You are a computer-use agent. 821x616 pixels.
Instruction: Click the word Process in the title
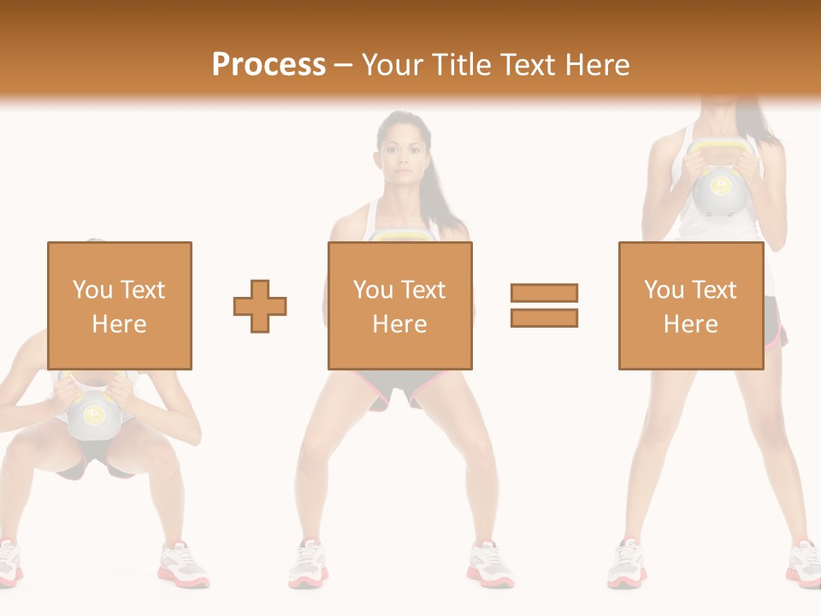pyautogui.click(x=269, y=65)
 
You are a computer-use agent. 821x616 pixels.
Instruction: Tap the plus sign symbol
pyautogui.click(x=260, y=306)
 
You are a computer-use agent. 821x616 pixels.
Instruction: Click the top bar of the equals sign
pyautogui.click(x=544, y=293)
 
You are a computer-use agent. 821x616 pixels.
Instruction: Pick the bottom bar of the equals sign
pyautogui.click(x=544, y=317)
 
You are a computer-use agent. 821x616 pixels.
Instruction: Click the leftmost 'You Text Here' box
pyautogui.click(x=119, y=305)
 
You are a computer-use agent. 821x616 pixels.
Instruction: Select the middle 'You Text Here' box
pyautogui.click(x=399, y=305)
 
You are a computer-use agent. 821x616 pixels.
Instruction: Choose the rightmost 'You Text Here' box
pyautogui.click(x=690, y=305)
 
